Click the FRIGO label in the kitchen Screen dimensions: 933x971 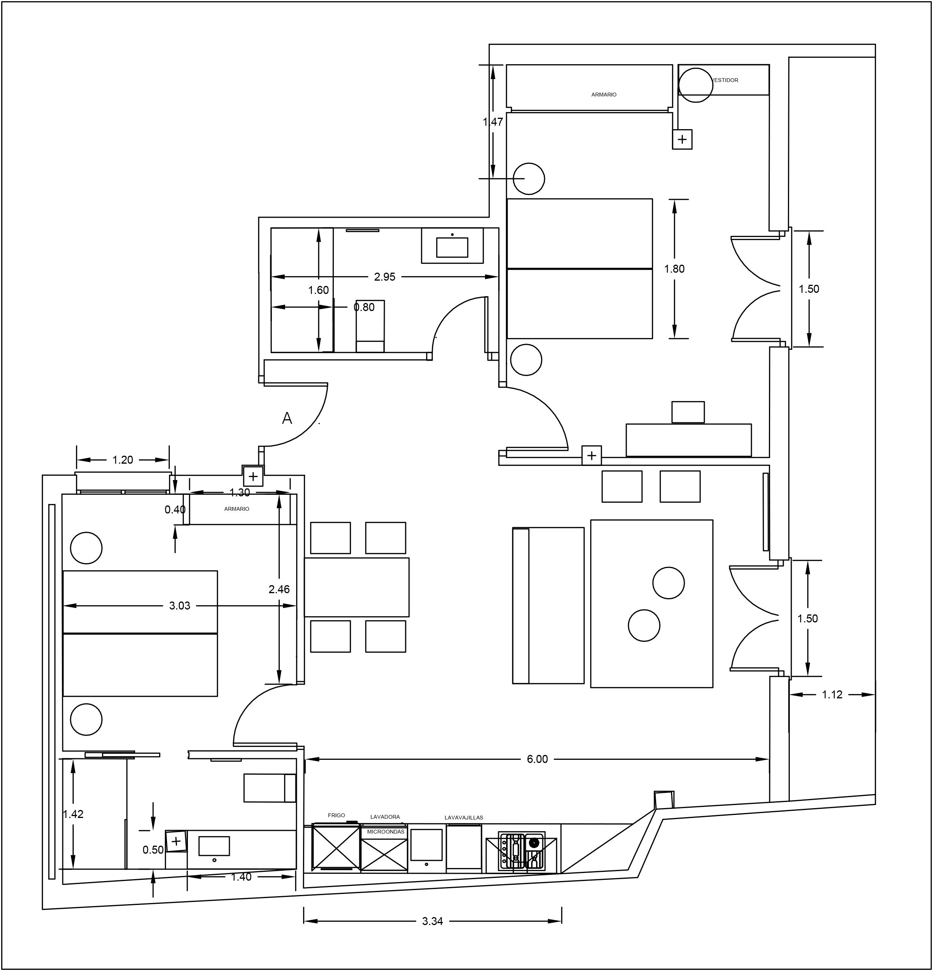coord(336,815)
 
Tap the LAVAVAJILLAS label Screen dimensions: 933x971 coord(464,818)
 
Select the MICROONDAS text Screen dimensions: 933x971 coord(386,832)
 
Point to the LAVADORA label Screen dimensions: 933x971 coord(385,817)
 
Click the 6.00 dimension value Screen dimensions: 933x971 coord(538,759)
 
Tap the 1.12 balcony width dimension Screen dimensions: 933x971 coord(832,695)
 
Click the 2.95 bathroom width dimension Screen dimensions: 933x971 coord(385,277)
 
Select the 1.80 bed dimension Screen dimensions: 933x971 coord(674,269)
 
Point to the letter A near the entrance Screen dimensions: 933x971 coord(287,418)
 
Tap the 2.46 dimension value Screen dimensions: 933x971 coord(279,589)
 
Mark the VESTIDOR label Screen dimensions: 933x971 coord(725,80)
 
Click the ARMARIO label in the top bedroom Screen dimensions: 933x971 coord(604,95)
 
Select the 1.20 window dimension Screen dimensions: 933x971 coord(123,460)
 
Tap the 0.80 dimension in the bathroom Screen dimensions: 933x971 coord(364,307)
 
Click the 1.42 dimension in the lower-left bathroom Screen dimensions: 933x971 coord(73,814)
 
